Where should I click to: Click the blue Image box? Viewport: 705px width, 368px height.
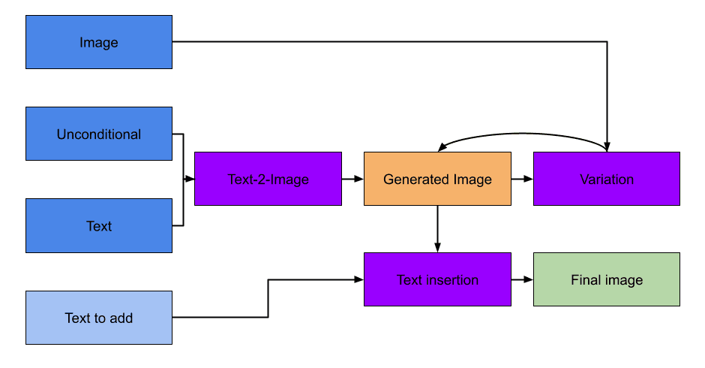[99, 42]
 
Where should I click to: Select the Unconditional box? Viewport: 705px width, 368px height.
[99, 134]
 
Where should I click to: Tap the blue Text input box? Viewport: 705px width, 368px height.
[99, 225]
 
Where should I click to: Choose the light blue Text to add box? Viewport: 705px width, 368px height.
[99, 318]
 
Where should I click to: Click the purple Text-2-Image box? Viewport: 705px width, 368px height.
[268, 179]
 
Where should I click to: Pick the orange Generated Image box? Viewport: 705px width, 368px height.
[437, 179]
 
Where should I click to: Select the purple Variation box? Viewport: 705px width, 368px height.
[606, 179]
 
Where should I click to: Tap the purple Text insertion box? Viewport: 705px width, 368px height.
[437, 279]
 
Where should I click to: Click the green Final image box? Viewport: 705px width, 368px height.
[606, 279]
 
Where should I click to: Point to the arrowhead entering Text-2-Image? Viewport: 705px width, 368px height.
[190, 179]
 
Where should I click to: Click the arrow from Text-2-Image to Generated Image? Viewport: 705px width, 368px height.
[352, 179]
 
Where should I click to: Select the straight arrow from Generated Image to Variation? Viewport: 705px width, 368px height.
[522, 179]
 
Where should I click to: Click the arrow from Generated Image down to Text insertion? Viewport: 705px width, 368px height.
[437, 229]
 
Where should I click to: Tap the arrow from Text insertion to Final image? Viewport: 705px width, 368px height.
[522, 279]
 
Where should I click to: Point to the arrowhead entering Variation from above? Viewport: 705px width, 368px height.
[607, 146]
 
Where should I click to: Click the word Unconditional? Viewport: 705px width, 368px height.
[99, 134]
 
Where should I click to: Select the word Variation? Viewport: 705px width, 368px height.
[606, 179]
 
